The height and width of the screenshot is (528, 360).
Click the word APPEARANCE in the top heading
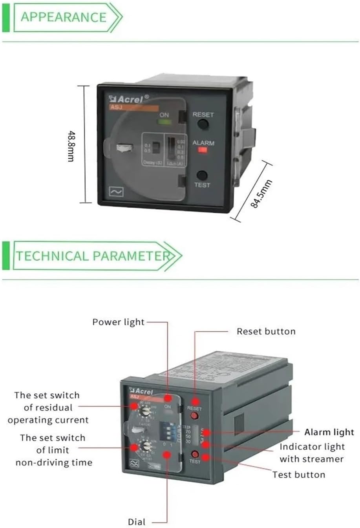pyautogui.click(x=64, y=17)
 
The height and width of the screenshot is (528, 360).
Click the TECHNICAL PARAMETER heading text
pyautogui.click(x=93, y=256)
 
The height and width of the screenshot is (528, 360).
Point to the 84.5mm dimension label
pyautogui.click(x=262, y=194)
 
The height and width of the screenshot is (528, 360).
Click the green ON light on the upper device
pyautogui.click(x=164, y=122)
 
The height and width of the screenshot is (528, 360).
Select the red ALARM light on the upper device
pyautogui.click(x=203, y=150)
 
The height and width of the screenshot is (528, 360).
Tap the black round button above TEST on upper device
pyautogui.click(x=202, y=175)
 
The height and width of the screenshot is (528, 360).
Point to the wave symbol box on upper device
pyautogui.click(x=116, y=192)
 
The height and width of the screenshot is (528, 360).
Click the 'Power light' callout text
pyautogui.click(x=118, y=322)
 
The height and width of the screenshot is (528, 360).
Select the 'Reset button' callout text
pyautogui.click(x=266, y=332)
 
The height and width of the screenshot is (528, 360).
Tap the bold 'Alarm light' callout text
pyautogui.click(x=329, y=432)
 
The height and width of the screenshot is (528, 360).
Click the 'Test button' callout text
pyautogui.click(x=299, y=475)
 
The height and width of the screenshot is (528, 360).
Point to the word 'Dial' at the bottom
pyautogui.click(x=136, y=522)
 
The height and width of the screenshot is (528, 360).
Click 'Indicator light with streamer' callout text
pyautogui.click(x=312, y=453)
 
